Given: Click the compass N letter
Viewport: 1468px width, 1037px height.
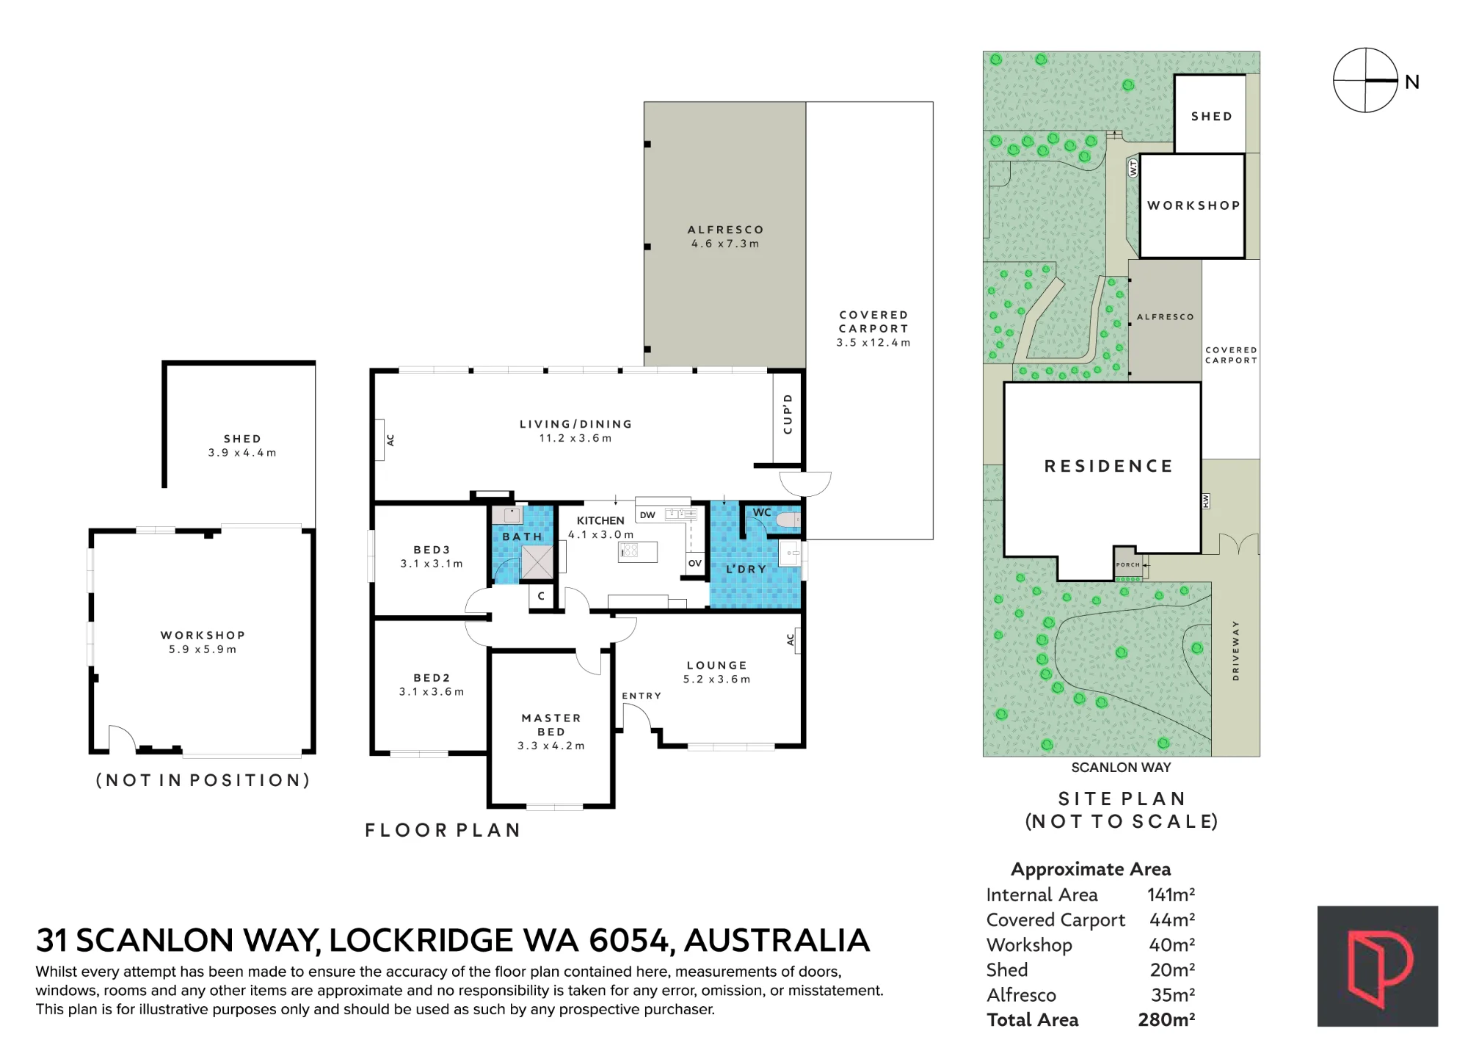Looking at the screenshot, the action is pyautogui.click(x=1411, y=82).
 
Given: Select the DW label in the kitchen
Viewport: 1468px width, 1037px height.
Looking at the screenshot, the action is pyautogui.click(x=647, y=515).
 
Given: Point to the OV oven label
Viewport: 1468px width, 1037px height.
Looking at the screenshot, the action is pyautogui.click(x=695, y=563).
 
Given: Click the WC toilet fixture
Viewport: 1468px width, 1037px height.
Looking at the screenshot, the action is pyautogui.click(x=788, y=520).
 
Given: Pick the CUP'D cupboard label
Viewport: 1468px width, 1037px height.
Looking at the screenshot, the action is pyautogui.click(x=788, y=414).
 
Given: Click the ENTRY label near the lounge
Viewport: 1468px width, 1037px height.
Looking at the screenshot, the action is pyautogui.click(x=642, y=696).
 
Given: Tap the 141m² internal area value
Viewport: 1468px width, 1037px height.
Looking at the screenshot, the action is pyautogui.click(x=1171, y=895).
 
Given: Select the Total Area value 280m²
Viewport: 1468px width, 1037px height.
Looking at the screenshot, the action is pyautogui.click(x=1166, y=1019).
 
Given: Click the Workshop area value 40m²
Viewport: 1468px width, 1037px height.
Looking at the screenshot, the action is pyautogui.click(x=1172, y=945).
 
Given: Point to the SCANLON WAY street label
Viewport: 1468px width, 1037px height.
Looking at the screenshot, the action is pyautogui.click(x=1121, y=768).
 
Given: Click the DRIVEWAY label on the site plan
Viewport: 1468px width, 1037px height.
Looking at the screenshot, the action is pyautogui.click(x=1236, y=651).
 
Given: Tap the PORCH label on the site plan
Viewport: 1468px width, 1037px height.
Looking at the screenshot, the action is pyautogui.click(x=1128, y=564).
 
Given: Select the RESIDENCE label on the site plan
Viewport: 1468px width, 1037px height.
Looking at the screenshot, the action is pyautogui.click(x=1108, y=466).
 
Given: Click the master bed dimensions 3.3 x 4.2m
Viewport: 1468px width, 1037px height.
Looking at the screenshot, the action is pyautogui.click(x=551, y=746).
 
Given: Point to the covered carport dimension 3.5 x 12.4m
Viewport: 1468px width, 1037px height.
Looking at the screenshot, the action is pyautogui.click(x=873, y=343).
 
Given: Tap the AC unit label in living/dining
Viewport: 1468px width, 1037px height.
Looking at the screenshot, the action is pyautogui.click(x=390, y=440).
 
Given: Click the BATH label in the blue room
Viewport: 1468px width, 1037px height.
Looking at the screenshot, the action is pyautogui.click(x=523, y=536).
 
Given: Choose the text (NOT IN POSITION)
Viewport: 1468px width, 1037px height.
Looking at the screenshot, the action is pyautogui.click(x=203, y=780).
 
